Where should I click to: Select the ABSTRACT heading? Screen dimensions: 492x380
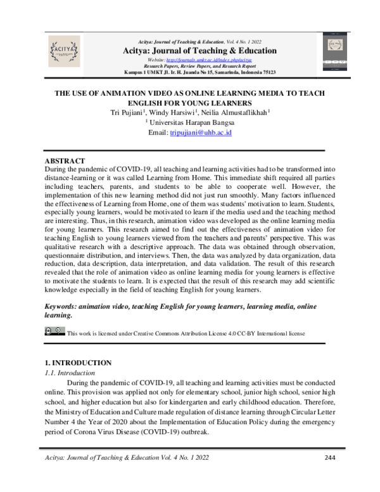click(x=62, y=161)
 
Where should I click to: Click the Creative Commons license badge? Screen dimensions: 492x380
click(x=54, y=330)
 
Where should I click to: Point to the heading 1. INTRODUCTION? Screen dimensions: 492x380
click(x=74, y=363)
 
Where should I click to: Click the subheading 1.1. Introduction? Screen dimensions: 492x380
click(x=72, y=373)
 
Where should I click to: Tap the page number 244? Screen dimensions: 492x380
click(x=329, y=458)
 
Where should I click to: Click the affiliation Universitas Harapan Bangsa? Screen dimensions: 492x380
click(x=191, y=122)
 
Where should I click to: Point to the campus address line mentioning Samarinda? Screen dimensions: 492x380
click(x=190, y=72)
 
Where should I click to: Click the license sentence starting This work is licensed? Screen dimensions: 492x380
click(x=186, y=332)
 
